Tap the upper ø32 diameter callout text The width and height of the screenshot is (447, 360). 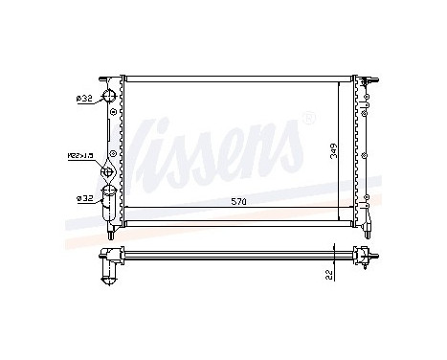(x=83, y=98)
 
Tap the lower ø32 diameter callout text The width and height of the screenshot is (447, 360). (x=83, y=199)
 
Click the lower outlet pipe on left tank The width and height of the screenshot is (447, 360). (x=109, y=203)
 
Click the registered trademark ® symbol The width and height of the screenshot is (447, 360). (x=307, y=120)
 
